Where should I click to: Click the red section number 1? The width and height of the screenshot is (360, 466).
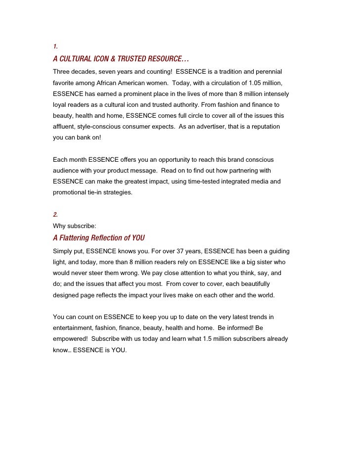(x=55, y=47)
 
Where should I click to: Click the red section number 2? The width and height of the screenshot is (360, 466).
(x=55, y=214)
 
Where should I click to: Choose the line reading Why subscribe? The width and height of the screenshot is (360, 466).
(x=74, y=226)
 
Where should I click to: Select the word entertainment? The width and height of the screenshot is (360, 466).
(x=74, y=328)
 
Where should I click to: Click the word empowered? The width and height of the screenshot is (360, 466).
(x=71, y=339)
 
